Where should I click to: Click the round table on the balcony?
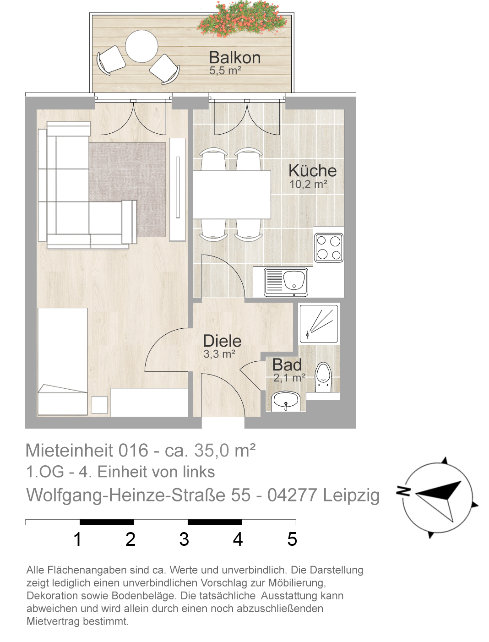tap(141, 46)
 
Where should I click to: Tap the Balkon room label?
tap(234, 57)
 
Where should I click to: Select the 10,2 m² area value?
tap(308, 184)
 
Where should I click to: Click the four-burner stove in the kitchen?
tap(329, 247)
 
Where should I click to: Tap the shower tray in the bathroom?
tap(319, 323)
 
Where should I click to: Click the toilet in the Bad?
tap(323, 377)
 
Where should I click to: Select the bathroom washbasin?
tap(285, 402)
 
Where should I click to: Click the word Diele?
tap(222, 341)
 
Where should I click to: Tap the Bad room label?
tap(287, 365)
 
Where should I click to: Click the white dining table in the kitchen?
tap(232, 195)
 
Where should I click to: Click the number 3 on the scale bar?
tap(184, 539)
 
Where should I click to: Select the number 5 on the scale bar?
tap(292, 539)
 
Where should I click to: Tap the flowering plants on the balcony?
tap(242, 19)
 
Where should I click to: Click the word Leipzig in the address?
tap(351, 495)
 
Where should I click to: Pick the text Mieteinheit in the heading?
tap(69, 450)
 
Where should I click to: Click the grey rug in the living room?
tap(127, 190)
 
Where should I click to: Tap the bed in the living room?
tap(63, 361)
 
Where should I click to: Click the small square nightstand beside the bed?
tap(100, 405)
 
